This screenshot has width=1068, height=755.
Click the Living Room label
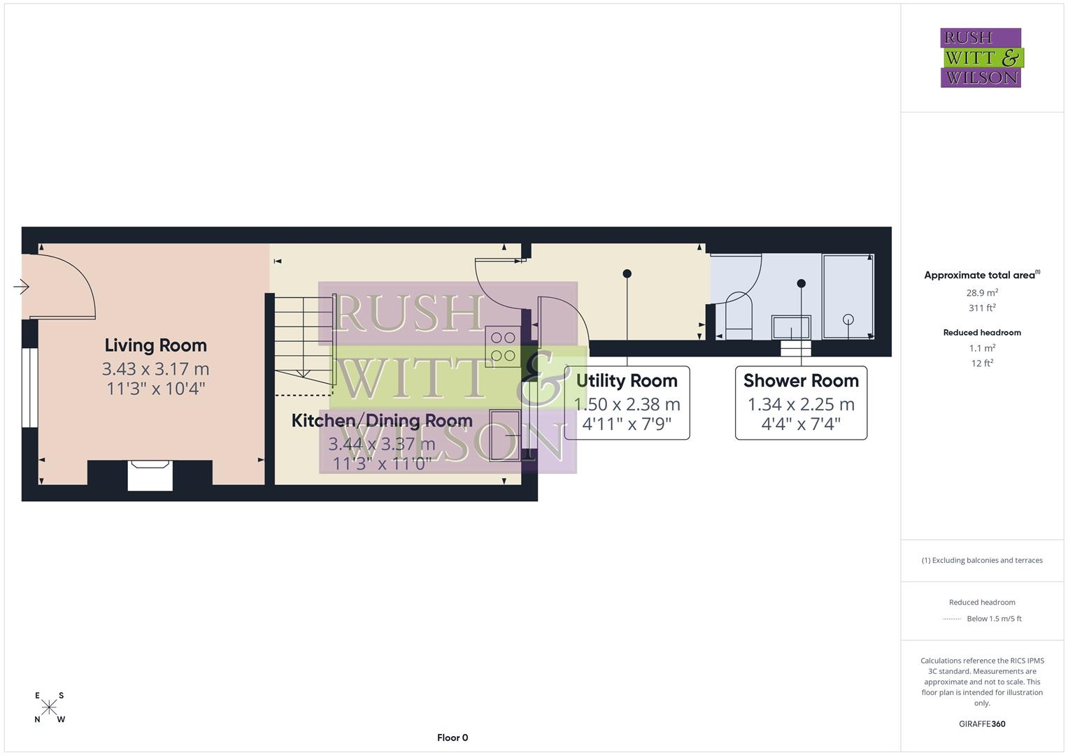(155, 345)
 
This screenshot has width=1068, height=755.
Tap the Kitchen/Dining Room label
(382, 421)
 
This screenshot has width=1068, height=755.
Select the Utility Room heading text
(627, 381)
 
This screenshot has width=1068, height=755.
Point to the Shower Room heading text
(801, 381)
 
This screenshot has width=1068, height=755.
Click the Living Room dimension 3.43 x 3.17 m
(155, 368)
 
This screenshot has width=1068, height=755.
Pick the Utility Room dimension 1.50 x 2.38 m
(627, 404)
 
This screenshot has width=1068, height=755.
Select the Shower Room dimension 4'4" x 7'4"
(801, 424)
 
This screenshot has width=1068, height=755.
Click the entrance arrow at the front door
(21, 287)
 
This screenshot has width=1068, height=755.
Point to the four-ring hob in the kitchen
(503, 347)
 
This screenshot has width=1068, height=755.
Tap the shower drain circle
(848, 319)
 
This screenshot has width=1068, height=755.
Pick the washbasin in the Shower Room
(791, 327)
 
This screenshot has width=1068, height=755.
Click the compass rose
(49, 707)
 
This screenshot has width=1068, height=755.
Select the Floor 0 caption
(453, 738)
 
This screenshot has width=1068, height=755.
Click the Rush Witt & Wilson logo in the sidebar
(981, 58)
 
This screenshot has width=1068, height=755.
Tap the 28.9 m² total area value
(982, 293)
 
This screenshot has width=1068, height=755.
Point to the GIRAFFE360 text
(982, 724)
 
